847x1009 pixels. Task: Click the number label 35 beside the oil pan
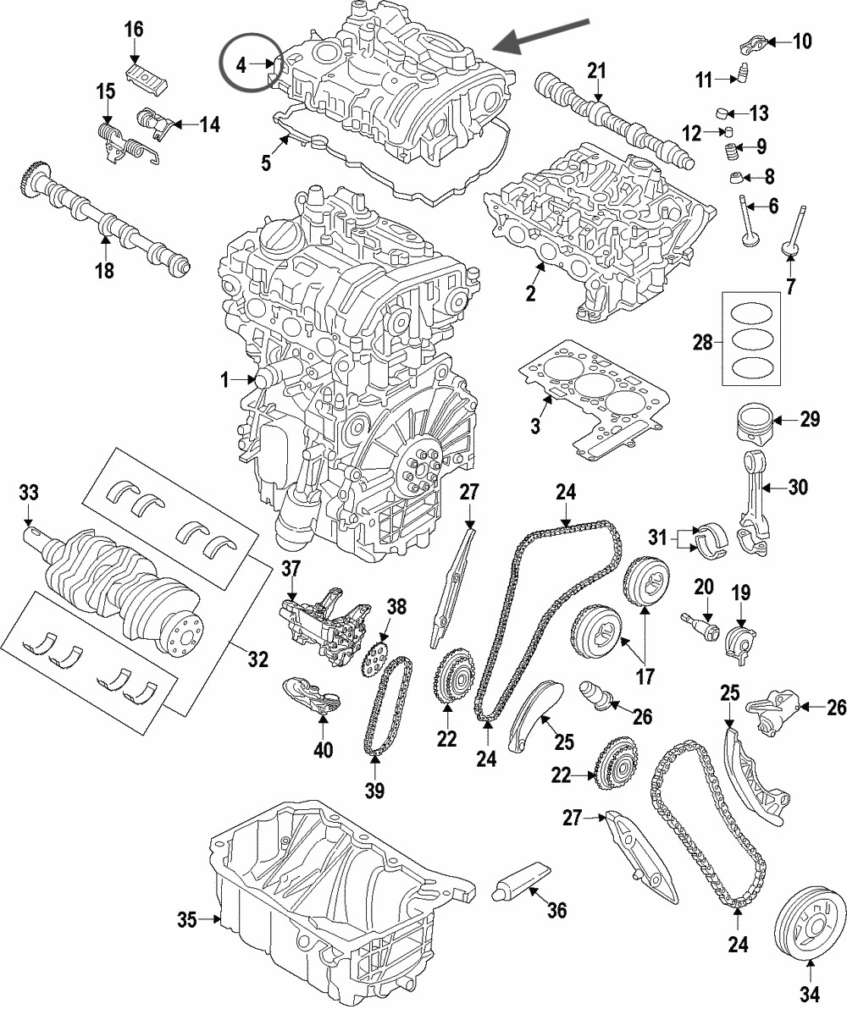click(187, 919)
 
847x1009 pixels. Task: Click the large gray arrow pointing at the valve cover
click(542, 33)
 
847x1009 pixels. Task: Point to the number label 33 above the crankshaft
click(29, 492)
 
